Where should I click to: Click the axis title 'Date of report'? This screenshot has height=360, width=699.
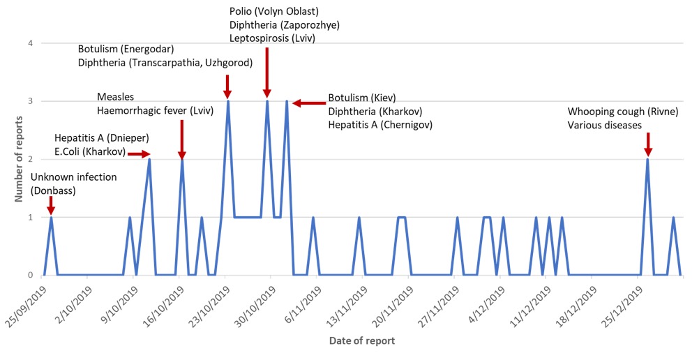pos(362,341)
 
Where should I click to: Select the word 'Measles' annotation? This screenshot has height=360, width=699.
pos(115,97)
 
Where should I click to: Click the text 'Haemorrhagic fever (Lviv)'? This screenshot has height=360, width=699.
pos(155,110)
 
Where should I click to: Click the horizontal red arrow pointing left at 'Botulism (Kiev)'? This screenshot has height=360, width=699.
pos(307,103)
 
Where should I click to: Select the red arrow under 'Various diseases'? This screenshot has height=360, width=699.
pos(648,145)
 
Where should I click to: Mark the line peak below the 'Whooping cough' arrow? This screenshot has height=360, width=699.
pos(647,160)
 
